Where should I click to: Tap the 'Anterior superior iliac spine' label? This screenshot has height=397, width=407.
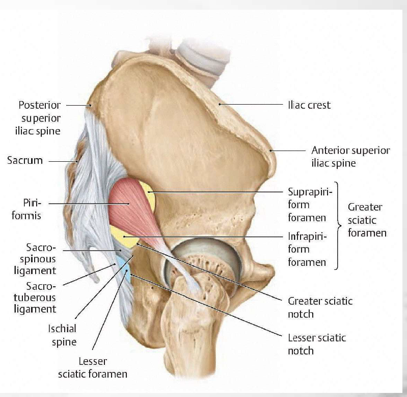click(x=350, y=157)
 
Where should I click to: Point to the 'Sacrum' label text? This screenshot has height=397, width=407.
click(x=24, y=160)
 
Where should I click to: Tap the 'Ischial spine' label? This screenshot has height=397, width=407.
click(x=64, y=335)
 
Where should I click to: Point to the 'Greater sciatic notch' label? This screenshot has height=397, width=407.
click(x=320, y=307)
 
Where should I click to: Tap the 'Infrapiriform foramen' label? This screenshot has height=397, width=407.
click(x=307, y=250)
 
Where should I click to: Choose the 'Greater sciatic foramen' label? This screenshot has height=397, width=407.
click(x=367, y=220)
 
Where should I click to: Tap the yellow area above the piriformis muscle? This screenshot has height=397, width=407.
click(x=148, y=194)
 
